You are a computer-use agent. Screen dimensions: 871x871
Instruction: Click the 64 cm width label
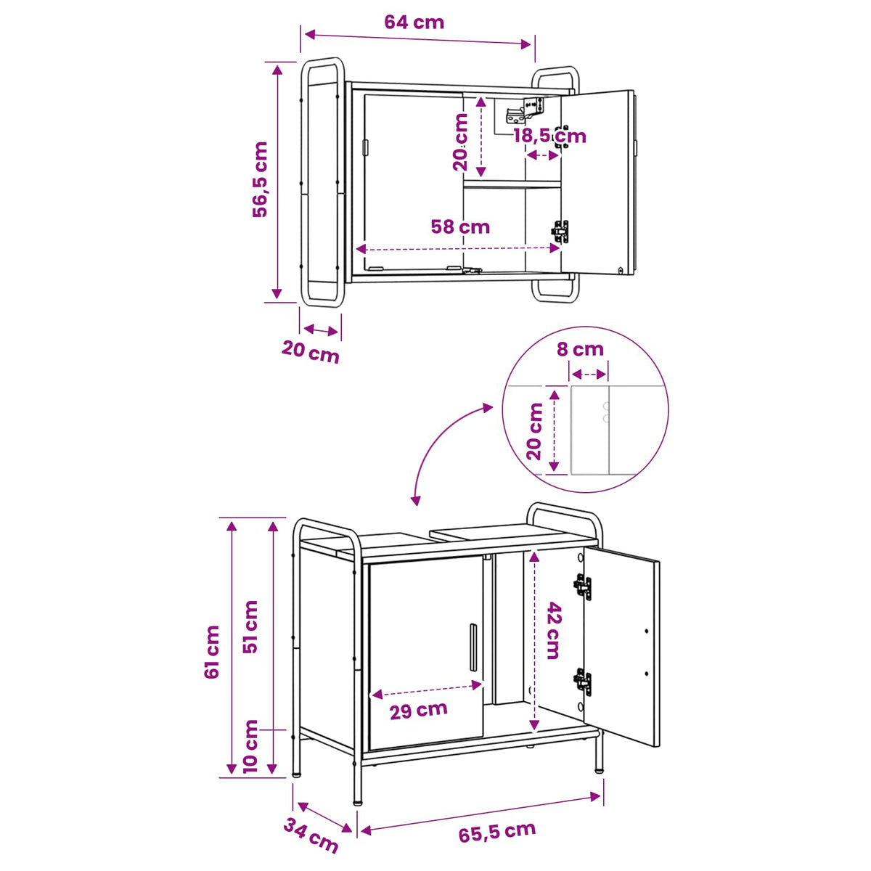click(x=414, y=23)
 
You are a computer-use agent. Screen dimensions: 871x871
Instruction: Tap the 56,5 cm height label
click(x=261, y=179)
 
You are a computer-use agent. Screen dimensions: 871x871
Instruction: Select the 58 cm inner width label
click(x=460, y=227)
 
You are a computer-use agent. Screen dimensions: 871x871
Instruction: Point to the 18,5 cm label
click(x=549, y=136)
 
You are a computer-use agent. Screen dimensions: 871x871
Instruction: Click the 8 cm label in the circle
click(x=580, y=349)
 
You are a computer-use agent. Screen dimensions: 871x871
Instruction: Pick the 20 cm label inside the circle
click(x=535, y=431)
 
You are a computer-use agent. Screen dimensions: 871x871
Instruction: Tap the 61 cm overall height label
click(x=211, y=653)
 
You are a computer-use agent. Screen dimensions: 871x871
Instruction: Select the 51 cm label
click(x=250, y=627)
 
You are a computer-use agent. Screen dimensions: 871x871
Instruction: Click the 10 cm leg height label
click(x=250, y=753)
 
